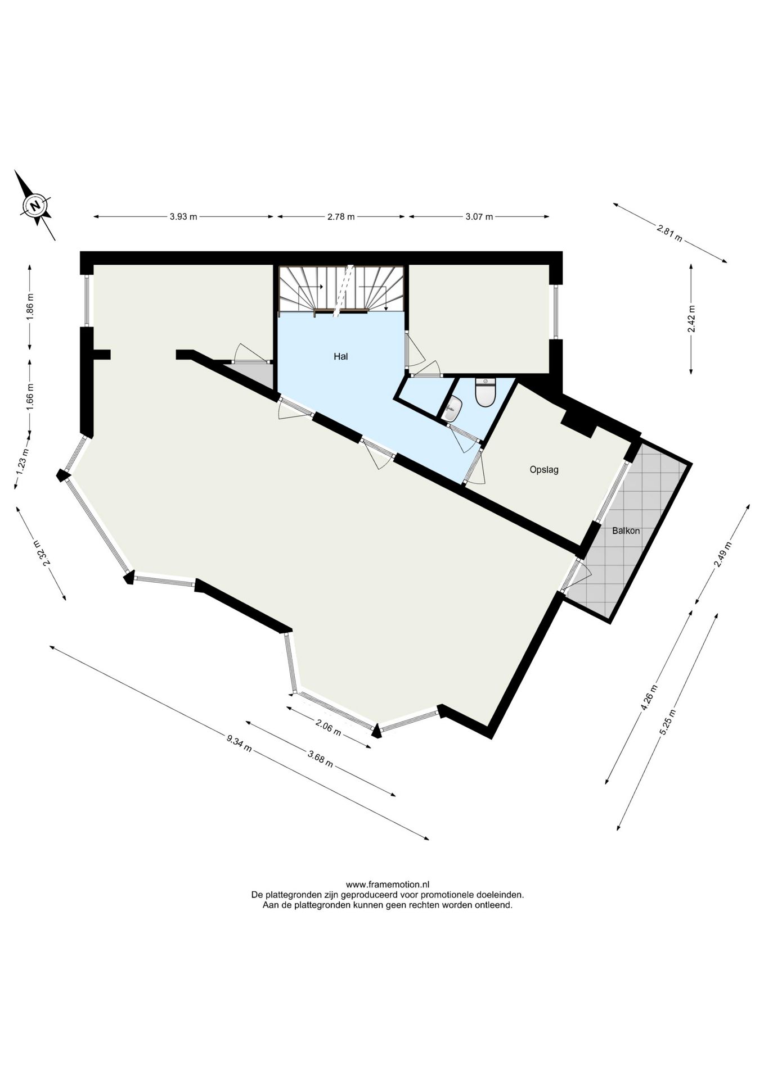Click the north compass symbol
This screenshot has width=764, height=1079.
35,205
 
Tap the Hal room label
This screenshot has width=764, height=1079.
340,356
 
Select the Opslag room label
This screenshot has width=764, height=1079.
544,469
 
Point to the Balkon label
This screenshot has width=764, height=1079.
626,530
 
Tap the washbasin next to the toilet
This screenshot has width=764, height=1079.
451,409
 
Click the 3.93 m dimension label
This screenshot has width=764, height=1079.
183,217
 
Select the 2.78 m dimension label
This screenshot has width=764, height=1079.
341,217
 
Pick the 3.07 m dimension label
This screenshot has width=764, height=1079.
479,217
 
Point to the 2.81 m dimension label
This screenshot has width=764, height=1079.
669,232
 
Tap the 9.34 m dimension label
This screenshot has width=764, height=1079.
239,743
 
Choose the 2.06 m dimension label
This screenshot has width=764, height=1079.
329,727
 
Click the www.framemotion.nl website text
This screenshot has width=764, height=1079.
388,884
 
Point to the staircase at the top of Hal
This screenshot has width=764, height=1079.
341,289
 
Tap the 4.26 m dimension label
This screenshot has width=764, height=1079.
649,697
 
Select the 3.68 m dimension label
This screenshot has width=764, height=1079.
321,759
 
